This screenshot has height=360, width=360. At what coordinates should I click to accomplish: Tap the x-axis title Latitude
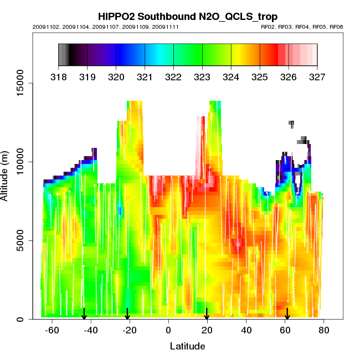tap(187, 346)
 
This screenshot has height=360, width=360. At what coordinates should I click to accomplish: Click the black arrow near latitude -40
tap(84, 314)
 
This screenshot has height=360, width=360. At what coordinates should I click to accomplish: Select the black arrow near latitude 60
tap(287, 314)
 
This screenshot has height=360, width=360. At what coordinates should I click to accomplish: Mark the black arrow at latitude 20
tap(207, 314)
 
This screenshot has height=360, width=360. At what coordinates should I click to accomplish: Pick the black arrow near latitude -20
tap(127, 314)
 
